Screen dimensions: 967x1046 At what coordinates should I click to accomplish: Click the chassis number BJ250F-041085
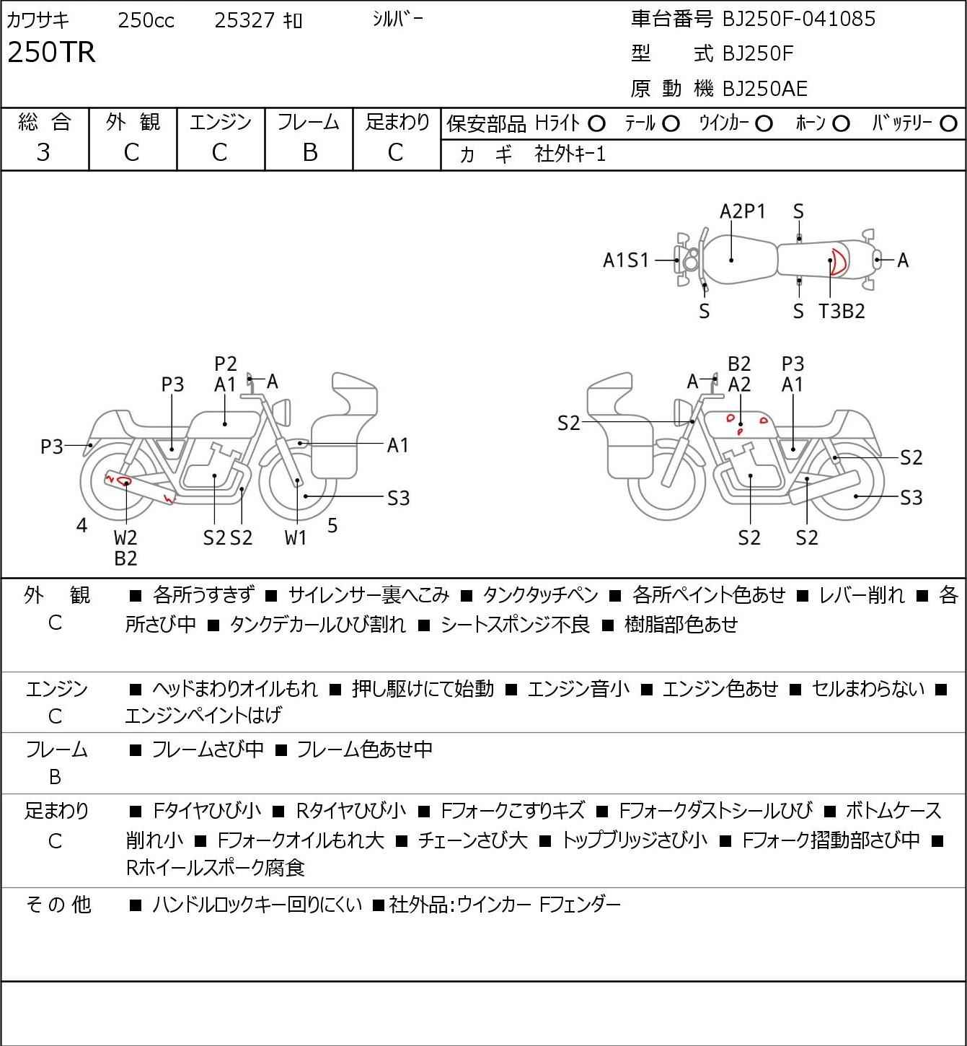point(798,19)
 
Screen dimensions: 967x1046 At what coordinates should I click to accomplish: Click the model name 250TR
point(52,52)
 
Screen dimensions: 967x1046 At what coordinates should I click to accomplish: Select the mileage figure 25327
point(244,20)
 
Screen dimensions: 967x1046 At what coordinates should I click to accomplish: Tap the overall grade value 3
point(43,153)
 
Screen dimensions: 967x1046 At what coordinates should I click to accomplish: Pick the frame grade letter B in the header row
point(309,153)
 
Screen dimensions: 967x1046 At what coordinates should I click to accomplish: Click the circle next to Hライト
point(596,124)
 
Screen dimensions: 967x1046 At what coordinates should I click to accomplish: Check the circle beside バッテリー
point(948,124)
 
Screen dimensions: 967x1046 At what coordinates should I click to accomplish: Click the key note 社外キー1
point(570,154)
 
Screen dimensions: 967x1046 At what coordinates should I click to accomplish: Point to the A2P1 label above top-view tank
point(742,211)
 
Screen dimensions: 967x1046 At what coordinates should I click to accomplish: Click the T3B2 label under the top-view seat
point(842,311)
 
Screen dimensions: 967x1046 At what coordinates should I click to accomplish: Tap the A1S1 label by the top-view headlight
point(626,260)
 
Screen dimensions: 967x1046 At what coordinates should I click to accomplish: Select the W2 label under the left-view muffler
point(125,537)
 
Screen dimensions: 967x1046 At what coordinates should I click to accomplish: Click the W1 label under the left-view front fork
point(296,537)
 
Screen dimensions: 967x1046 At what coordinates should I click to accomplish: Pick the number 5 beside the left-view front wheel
point(332,525)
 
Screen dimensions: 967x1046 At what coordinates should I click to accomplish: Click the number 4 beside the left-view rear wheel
point(81,525)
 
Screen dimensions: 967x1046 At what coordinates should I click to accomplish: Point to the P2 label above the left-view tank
point(226,364)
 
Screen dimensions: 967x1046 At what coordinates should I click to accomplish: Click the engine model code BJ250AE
point(765,89)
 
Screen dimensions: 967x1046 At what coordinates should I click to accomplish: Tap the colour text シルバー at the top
point(397,19)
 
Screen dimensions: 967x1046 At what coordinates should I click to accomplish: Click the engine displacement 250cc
point(146,20)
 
